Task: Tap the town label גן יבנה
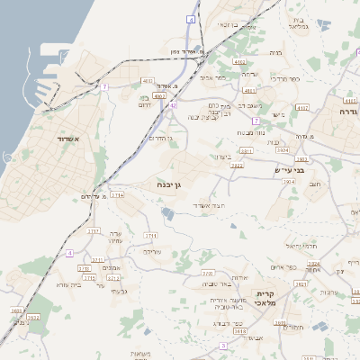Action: click(162, 185)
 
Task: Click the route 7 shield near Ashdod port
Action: click(104, 87)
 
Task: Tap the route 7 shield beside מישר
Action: click(256, 120)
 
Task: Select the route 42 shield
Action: click(173, 105)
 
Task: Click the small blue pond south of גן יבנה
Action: click(167, 213)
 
